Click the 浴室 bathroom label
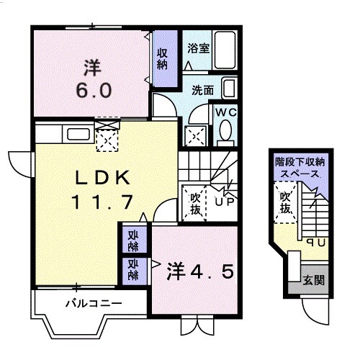[x=198, y=48]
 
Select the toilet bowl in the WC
[x=225, y=130]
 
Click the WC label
[x=226, y=112]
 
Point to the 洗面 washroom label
[x=202, y=91]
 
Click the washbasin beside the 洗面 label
[x=230, y=89]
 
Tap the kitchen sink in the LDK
[x=78, y=134]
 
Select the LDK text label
[x=103, y=177]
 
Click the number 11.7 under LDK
[x=102, y=202]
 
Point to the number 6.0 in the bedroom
[x=94, y=90]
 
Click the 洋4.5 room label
[x=200, y=271]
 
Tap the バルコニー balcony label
[x=94, y=304]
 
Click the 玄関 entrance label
[x=313, y=279]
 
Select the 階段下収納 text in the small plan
[x=300, y=162]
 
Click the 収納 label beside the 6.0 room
[x=162, y=59]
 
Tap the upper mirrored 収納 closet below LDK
[x=133, y=240]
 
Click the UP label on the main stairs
[x=224, y=202]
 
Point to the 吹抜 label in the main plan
[x=195, y=204]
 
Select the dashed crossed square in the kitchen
[x=107, y=140]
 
